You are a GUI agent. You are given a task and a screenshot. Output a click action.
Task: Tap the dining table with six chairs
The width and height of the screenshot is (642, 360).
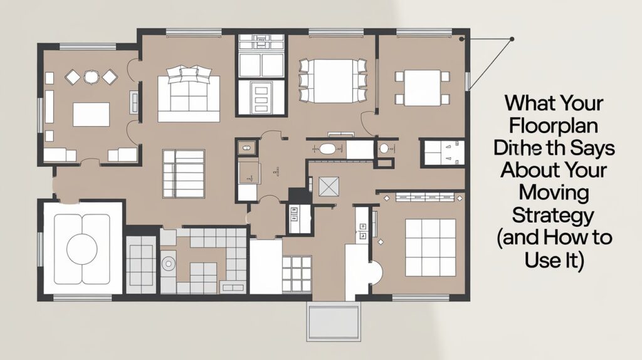[x=332, y=80]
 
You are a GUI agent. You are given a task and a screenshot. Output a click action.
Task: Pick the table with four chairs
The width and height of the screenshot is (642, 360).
[x=422, y=88]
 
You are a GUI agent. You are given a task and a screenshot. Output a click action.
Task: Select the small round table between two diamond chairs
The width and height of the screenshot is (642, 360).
[x=92, y=77]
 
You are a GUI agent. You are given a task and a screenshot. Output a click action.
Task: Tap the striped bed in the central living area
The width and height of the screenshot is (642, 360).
[x=183, y=173]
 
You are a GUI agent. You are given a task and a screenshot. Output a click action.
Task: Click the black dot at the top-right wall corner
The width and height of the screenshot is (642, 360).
[x=461, y=39]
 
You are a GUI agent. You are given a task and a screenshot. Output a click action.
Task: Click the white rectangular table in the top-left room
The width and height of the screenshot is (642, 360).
[x=91, y=115]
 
